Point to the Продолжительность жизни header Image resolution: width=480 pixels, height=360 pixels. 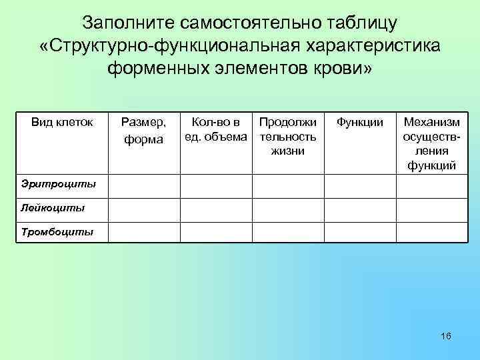pos(288,137)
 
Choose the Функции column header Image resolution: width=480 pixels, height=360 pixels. pos(359,122)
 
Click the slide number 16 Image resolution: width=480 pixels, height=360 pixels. pos(446,336)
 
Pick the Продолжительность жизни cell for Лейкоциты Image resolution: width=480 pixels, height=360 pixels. pos(288,210)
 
